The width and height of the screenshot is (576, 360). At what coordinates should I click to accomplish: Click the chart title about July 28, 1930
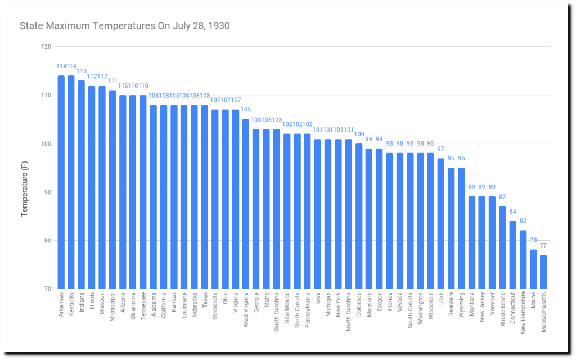coord(124,26)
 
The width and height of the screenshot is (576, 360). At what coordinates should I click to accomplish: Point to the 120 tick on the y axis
coord(47,47)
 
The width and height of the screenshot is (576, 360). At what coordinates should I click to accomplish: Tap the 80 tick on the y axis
coord(47,241)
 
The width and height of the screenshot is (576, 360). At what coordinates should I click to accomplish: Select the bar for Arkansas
coord(61,182)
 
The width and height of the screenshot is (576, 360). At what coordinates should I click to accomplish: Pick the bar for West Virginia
coord(245,204)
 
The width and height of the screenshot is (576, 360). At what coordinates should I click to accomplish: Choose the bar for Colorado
coord(359,216)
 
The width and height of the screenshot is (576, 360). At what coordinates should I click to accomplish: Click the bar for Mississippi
coord(112,190)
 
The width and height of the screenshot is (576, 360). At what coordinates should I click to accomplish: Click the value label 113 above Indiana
coord(82,71)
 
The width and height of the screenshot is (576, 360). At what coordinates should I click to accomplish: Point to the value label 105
coord(246,110)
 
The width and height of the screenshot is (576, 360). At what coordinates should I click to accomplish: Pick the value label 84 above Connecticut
coord(512,211)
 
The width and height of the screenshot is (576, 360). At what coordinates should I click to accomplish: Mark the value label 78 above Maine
coord(533,241)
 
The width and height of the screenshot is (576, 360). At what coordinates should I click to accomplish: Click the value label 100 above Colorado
coord(359,134)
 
